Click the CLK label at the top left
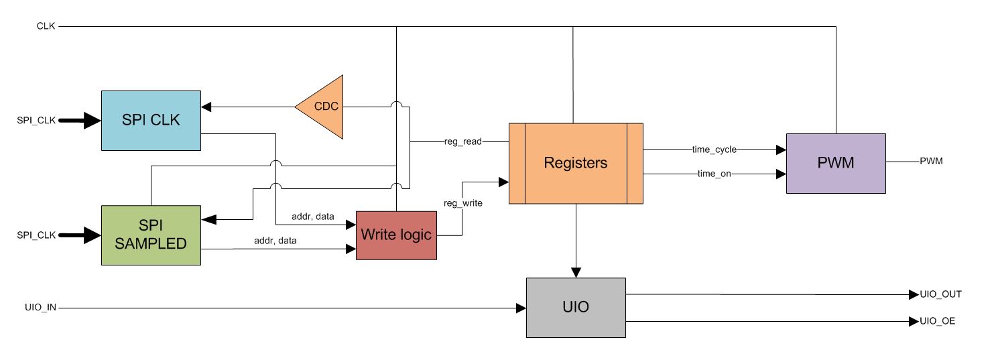(46, 26)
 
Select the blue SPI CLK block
(151, 120)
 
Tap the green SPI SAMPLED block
(151, 235)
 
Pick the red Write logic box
(395, 235)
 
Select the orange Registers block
(575, 163)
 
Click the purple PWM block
(835, 163)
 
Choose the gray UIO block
(575, 307)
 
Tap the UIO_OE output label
(937, 322)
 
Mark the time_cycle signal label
(714, 149)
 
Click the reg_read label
(462, 142)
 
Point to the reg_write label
(462, 202)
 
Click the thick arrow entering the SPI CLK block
(80, 121)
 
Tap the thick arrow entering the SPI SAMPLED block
(80, 235)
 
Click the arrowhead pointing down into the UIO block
(576, 272)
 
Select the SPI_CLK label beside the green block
(36, 235)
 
